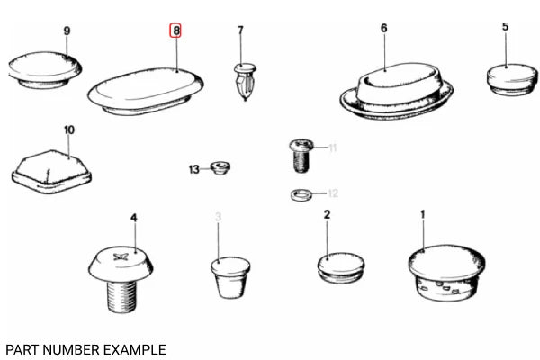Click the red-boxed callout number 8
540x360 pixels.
click(175, 31)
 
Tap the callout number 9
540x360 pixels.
click(67, 31)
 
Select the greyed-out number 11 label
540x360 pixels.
click(332, 148)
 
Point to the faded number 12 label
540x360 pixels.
click(333, 193)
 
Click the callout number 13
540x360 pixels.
click(193, 169)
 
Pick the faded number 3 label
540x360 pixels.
click(218, 217)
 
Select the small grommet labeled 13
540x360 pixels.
click(220, 167)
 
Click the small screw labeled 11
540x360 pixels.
click(301, 155)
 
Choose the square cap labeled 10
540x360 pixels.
click(51, 172)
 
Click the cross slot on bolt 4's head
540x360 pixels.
click(121, 256)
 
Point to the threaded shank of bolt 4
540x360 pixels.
click(123, 296)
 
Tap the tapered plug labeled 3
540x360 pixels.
click(230, 277)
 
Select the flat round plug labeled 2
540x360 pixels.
click(340, 268)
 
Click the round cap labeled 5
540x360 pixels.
click(512, 79)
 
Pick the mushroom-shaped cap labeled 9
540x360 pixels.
click(45, 70)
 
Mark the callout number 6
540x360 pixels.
click(384, 28)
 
